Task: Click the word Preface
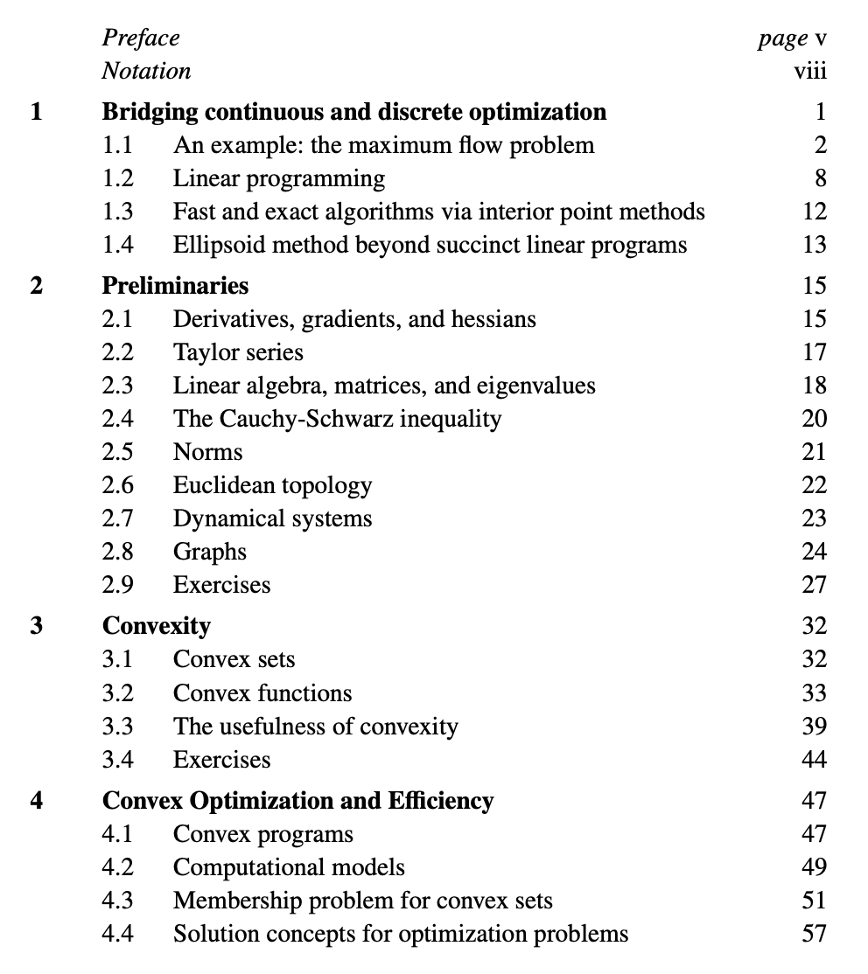[x=141, y=38]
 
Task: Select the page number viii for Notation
[x=809, y=70]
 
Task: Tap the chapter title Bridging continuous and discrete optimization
[x=354, y=112]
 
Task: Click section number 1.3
[x=118, y=212]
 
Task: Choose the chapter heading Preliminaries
[x=175, y=285]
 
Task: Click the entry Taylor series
[x=238, y=352]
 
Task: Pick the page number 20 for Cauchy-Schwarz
[x=814, y=419]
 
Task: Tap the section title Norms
[x=207, y=452]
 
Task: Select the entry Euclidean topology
[x=272, y=485]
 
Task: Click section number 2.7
[x=118, y=518]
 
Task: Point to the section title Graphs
[x=210, y=552]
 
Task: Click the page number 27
[x=814, y=585]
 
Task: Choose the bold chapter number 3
[x=36, y=626]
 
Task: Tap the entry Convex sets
[x=234, y=659]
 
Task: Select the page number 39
[x=814, y=726]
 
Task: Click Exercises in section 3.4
[x=221, y=759]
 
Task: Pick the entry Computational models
[x=289, y=867]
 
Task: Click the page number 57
[x=814, y=934]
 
